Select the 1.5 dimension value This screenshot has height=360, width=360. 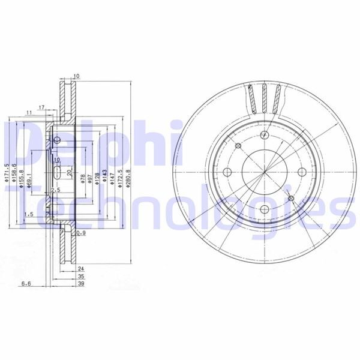28,214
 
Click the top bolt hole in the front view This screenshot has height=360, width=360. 265,137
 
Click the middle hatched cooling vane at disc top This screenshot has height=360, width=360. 264,98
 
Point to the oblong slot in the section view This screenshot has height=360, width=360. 56,173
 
